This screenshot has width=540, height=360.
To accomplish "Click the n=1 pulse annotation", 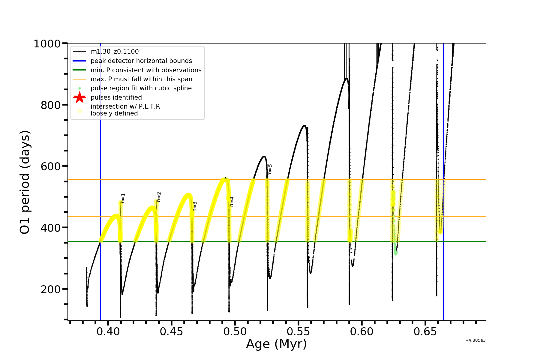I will click(x=123, y=198).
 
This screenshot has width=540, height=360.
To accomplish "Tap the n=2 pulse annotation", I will click(x=159, y=197).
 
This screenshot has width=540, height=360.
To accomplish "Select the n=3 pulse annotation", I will click(x=195, y=206).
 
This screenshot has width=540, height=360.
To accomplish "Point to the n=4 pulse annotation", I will click(x=232, y=202).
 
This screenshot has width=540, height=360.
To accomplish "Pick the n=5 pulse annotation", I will click(x=270, y=169).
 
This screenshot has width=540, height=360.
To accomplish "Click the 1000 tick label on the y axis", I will click(x=47, y=44).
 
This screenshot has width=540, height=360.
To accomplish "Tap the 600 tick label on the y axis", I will click(x=50, y=166).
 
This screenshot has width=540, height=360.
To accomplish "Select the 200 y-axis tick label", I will click(x=50, y=289).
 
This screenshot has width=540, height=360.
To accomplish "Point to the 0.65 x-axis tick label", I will click(x=425, y=331).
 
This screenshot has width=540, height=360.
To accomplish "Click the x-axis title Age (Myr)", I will click(x=276, y=344).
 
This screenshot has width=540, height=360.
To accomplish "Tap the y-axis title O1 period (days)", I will click(x=25, y=182).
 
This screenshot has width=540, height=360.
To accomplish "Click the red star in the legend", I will click(x=79, y=97).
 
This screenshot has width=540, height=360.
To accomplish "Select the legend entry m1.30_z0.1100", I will click(x=115, y=52).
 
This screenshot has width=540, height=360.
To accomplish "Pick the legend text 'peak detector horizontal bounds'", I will click(x=141, y=61).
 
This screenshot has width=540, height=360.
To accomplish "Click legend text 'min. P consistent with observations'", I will click(x=146, y=70).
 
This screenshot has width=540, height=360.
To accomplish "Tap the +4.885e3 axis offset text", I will click(x=475, y=340).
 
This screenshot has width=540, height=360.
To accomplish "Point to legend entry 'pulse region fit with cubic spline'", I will click(x=141, y=88).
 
